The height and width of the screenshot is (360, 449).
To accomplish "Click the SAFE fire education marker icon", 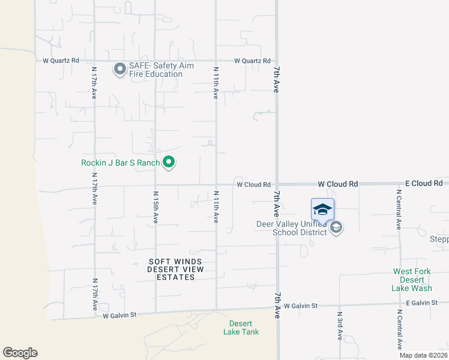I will [119, 70].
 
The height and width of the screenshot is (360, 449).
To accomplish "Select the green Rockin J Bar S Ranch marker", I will [169, 162].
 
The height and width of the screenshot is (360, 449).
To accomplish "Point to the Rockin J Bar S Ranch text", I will [121, 163].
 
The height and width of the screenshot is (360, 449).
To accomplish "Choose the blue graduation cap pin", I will [322, 210].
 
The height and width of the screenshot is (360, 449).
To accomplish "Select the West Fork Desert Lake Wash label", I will [412, 280].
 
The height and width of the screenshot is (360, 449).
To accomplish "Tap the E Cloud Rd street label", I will [424, 183].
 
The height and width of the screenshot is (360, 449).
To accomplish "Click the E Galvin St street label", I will [421, 303].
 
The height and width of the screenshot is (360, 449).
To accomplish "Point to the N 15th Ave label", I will [155, 208].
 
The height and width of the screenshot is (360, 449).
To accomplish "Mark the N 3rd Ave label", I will [339, 326].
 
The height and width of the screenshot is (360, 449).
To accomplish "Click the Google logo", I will [20, 353].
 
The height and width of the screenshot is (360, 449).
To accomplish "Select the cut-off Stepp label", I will [439, 239].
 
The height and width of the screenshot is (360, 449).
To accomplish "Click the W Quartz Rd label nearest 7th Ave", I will [252, 61].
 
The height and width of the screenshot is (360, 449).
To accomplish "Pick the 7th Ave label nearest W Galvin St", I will [277, 305].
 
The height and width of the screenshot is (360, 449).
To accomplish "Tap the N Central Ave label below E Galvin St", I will [399, 329].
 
